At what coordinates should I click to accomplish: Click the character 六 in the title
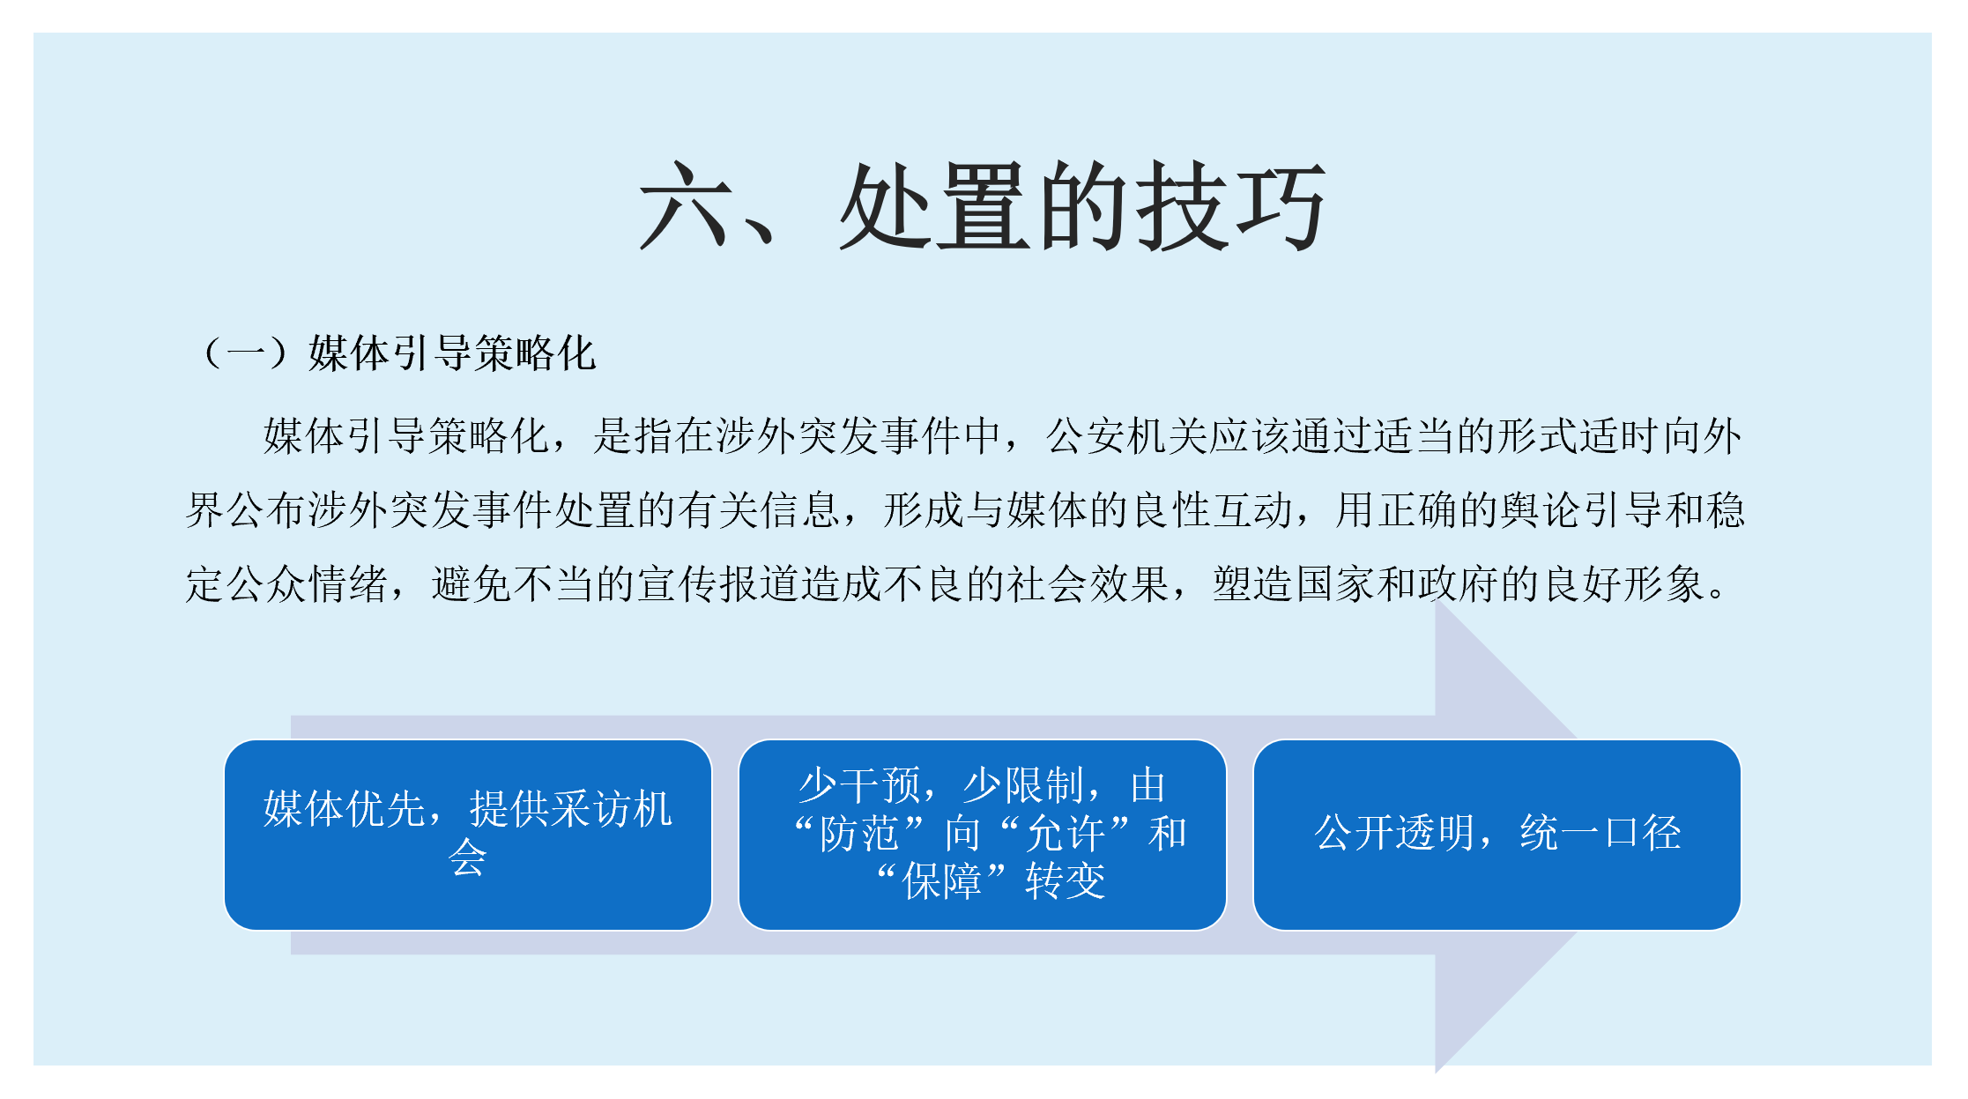coord(685,207)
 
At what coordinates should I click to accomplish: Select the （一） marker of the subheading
coord(245,353)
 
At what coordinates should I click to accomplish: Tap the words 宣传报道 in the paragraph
coord(718,584)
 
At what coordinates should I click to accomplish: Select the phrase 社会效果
coord(1088,584)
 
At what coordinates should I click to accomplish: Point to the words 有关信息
coord(759,510)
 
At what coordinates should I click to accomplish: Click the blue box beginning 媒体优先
coord(468,835)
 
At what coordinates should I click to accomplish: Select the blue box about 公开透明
coord(1496,835)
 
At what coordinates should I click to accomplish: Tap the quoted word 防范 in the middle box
coord(859,834)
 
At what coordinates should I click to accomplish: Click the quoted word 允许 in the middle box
coord(1066,834)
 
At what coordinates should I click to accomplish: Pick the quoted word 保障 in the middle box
coord(941,881)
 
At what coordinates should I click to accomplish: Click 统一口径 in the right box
coord(1600,833)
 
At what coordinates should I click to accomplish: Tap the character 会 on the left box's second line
coord(467,858)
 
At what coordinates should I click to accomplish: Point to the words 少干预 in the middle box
coord(859,785)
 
